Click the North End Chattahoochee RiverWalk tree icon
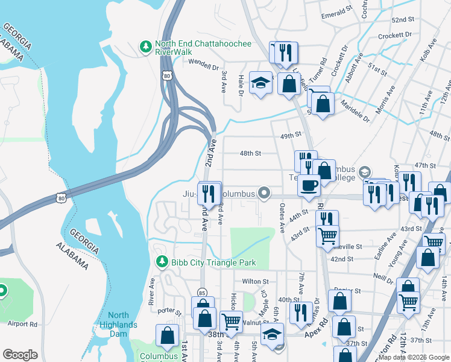pyautogui.click(x=145, y=46)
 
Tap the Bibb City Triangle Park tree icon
pyautogui.click(x=162, y=262)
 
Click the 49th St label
pyautogui.click(x=290, y=136)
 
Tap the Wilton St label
pyautogui.click(x=255, y=281)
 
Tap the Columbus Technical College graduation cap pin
pyautogui.click(x=364, y=173)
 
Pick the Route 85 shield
pyautogui.click(x=202, y=292)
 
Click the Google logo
pyautogui.click(x=20, y=355)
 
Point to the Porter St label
pyautogui.click(x=169, y=313)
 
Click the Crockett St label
pyautogui.click(x=390, y=36)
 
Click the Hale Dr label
pyautogui.click(x=241, y=85)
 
